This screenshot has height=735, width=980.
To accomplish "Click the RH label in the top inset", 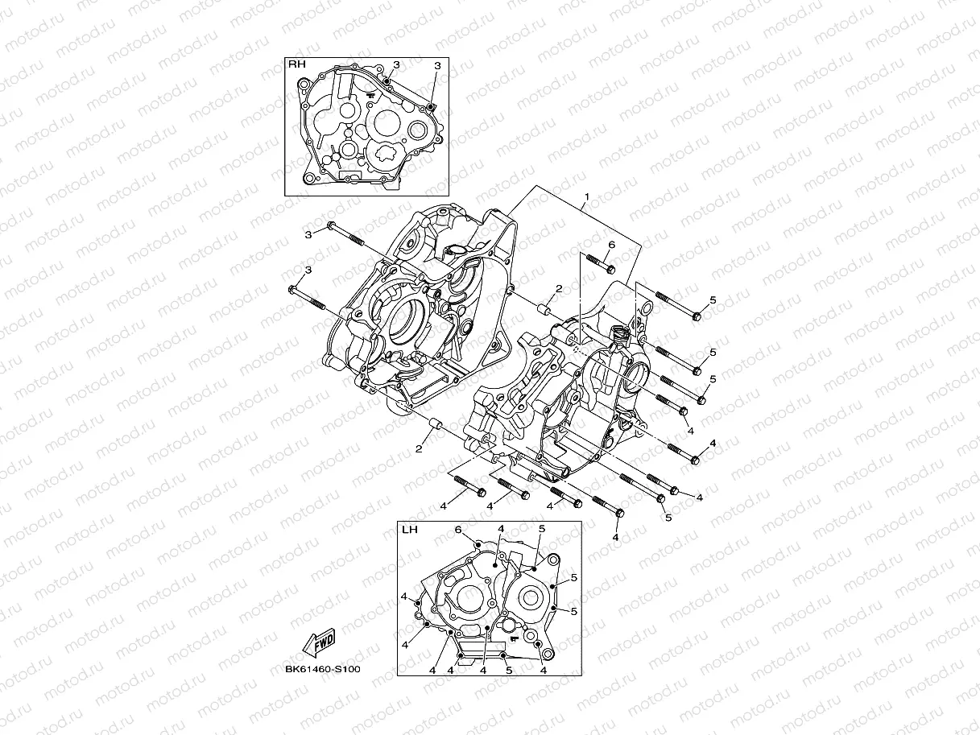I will tap(297, 63).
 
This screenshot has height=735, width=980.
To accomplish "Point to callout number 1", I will tap(587, 196).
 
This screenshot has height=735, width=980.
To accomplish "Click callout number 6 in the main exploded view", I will tap(611, 244).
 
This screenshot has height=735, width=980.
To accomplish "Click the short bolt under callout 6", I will tap(599, 262).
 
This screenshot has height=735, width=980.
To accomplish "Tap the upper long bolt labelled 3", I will tap(345, 236).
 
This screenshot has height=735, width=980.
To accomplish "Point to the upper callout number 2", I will tap(558, 288).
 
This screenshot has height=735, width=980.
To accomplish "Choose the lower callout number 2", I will tap(419, 448).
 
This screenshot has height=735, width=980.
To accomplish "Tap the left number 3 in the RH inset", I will tap(395, 64).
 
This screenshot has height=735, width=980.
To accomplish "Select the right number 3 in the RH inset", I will tap(436, 64).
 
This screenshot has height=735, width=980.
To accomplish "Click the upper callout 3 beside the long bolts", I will tap(308, 234).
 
